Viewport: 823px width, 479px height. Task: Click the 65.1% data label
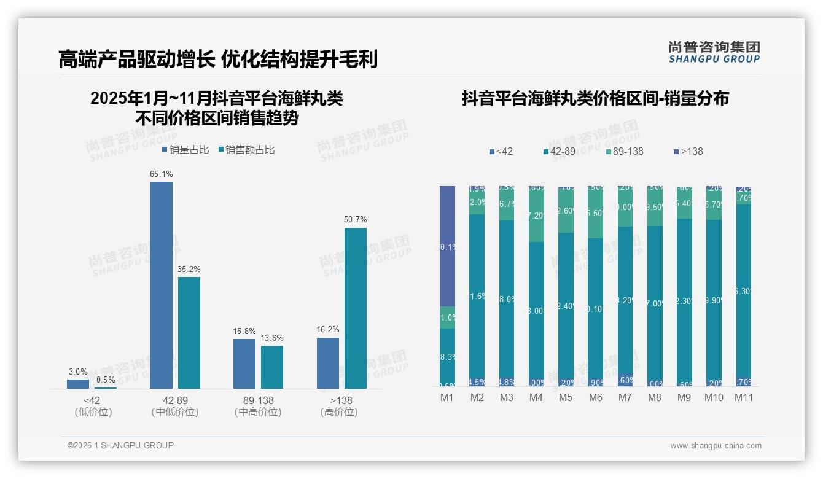click(161, 174)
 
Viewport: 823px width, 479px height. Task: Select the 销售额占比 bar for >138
click(355, 308)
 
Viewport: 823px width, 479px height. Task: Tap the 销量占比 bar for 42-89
click(161, 285)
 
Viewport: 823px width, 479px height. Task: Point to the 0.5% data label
click(105, 380)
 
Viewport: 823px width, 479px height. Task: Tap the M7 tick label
click(625, 397)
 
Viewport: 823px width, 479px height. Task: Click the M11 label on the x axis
click(744, 397)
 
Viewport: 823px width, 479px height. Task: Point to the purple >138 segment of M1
click(448, 246)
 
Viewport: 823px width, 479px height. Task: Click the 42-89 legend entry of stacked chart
click(562, 151)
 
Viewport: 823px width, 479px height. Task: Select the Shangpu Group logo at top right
click(714, 52)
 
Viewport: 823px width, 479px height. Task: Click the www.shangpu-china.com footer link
click(716, 446)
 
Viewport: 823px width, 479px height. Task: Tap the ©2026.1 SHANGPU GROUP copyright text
click(120, 445)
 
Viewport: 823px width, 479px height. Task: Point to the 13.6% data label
click(271, 338)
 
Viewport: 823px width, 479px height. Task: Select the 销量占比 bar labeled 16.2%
click(328, 363)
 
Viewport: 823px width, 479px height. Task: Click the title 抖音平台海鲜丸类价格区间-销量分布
click(595, 98)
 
